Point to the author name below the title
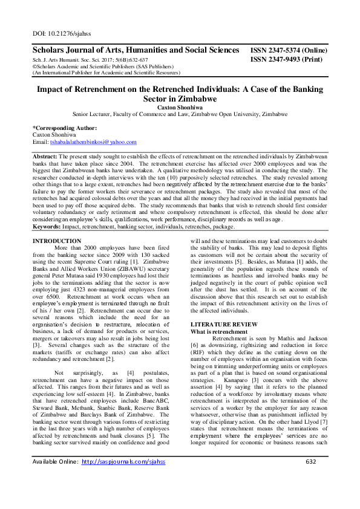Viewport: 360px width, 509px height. [x=179, y=106]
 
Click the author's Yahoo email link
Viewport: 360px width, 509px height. [x=93, y=141]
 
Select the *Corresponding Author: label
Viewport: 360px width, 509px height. [x=64, y=128]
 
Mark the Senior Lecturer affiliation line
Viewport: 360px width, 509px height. [x=179, y=114]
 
